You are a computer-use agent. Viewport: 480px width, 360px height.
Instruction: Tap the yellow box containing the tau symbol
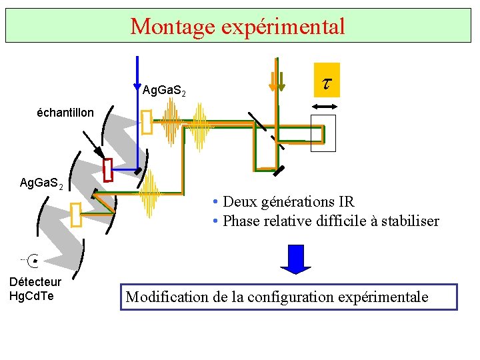[327, 80]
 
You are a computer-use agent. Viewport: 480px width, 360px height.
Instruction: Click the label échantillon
[65, 113]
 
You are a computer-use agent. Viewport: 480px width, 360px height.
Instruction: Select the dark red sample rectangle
[109, 171]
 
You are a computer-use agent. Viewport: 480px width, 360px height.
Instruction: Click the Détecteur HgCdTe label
[35, 289]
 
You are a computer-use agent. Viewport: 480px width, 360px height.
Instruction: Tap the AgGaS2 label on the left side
[41, 183]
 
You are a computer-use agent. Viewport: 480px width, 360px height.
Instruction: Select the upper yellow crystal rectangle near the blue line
[147, 122]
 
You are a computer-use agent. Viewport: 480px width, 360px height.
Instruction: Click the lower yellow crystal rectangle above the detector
[75, 214]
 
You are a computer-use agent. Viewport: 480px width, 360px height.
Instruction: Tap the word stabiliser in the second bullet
[409, 221]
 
